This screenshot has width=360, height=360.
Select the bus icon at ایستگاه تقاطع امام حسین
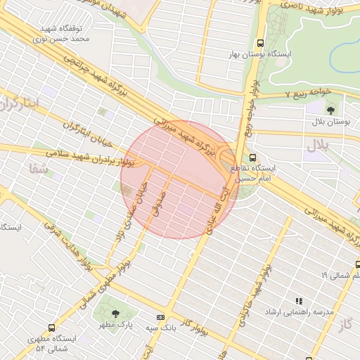pyautogui.click(x=253, y=159)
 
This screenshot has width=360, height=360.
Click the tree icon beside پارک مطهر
pyautogui.click(x=115, y=314)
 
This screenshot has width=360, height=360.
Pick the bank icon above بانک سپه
pyautogui.click(x=160, y=318)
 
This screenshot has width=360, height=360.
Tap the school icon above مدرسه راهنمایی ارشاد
pyautogui.click(x=299, y=301)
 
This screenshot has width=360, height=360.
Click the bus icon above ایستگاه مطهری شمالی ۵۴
pyautogui.click(x=52, y=328)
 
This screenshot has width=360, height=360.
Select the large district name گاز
pyautogui.click(x=344, y=323)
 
